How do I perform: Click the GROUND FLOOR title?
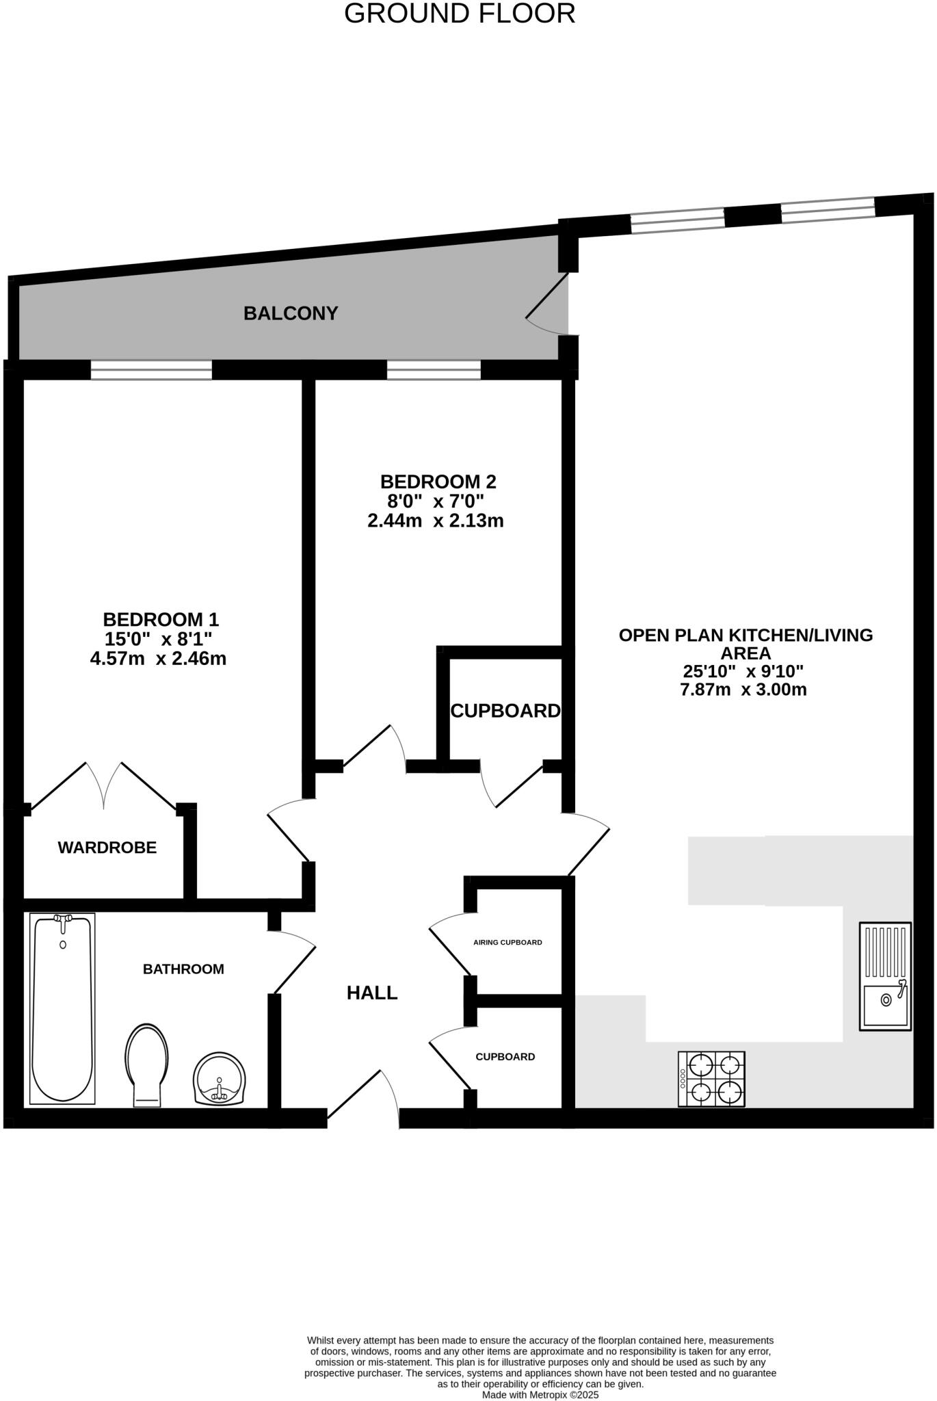[459, 14]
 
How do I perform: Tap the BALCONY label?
[291, 313]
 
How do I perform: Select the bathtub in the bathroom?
[62, 1008]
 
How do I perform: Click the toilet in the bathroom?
[146, 1063]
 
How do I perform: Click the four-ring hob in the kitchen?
[711, 1079]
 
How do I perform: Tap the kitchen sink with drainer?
[885, 976]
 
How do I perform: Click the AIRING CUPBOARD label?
[507, 942]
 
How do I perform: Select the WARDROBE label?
[107, 848]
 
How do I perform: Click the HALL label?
[372, 993]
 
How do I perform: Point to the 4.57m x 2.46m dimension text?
[158, 659]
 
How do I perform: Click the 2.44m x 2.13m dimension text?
[436, 521]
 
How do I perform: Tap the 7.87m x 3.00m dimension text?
[743, 690]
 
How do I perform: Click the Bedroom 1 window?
[151, 370]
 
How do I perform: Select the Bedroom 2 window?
[434, 370]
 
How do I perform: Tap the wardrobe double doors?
[104, 787]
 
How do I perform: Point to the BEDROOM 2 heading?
[438, 482]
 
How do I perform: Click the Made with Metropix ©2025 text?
[540, 1394]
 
